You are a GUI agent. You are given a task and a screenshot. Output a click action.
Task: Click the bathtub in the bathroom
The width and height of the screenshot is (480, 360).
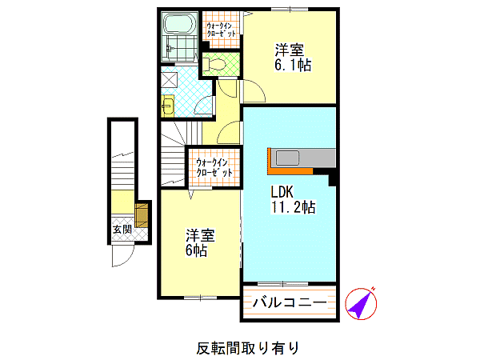tap(180, 24)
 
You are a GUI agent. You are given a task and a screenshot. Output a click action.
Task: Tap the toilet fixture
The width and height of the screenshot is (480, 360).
tap(214, 64)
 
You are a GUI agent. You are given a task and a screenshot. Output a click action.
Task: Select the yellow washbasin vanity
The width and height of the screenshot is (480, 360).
tap(168, 106)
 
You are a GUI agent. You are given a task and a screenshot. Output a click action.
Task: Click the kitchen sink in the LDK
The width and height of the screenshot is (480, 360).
tap(287, 158)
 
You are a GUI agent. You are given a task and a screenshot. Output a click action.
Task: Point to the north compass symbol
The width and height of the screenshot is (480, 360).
tap(362, 304)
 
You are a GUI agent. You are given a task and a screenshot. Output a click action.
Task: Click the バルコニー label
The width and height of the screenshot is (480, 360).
tap(290, 302)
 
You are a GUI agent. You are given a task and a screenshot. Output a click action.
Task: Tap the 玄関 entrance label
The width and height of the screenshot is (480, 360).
tap(122, 230)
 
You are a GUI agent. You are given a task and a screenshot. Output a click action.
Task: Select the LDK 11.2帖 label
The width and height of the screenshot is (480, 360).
tap(293, 199)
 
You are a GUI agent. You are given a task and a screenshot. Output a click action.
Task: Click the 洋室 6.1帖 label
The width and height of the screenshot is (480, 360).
tap(293, 58)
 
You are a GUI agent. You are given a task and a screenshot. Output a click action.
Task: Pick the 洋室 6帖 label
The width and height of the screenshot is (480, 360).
tap(200, 242)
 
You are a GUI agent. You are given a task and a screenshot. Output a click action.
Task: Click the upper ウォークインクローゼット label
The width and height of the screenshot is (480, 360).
tap(221, 30)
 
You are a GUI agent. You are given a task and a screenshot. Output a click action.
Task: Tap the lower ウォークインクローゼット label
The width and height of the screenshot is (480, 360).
tap(214, 167)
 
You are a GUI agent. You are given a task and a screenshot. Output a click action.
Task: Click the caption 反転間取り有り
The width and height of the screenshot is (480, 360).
tap(247, 348)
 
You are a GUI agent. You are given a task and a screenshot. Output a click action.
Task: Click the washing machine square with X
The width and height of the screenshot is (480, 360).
tap(170, 80)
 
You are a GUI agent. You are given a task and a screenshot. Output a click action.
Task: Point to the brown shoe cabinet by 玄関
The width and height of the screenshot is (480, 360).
tap(142, 215)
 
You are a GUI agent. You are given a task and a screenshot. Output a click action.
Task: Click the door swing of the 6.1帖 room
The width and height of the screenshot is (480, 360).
tap(258, 86)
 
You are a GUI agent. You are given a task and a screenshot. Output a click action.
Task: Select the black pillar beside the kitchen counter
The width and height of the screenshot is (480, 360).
tap(333, 180)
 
